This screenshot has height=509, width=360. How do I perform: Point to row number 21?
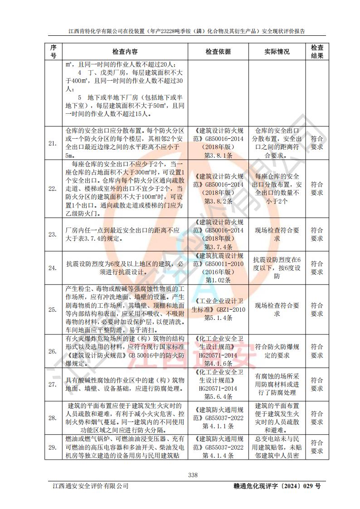[x=53, y=143]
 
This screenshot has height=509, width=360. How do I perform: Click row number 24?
[x=53, y=267]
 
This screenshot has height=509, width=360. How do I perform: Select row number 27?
[x=53, y=384]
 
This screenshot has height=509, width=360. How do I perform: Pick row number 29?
[x=53, y=447]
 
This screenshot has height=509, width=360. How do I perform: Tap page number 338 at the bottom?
[x=193, y=475]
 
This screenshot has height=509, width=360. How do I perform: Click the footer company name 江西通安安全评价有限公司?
[x=90, y=486]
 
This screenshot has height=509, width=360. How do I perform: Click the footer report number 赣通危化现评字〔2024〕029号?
[x=275, y=486]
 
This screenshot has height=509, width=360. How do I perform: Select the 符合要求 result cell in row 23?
[x=317, y=234]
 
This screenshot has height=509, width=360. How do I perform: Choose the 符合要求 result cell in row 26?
[x=317, y=351]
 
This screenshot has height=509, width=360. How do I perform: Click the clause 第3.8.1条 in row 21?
[x=218, y=155]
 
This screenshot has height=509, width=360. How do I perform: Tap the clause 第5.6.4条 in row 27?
[x=218, y=397]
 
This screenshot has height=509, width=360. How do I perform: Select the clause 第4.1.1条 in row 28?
[x=218, y=426]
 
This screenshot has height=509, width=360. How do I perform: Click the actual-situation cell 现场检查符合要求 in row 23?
[x=277, y=234]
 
